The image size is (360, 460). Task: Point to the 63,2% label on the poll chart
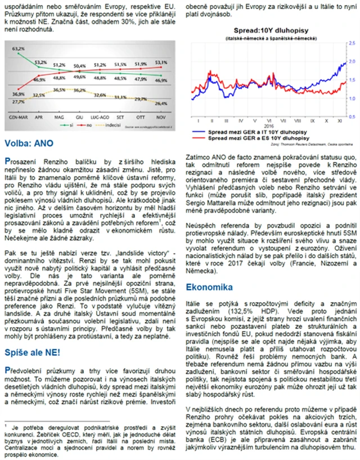click(x=18, y=49)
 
